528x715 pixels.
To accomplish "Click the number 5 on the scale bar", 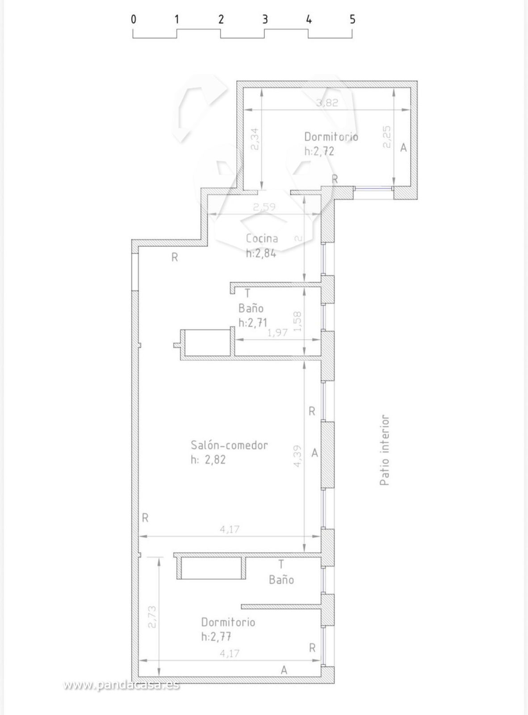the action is click(352, 19).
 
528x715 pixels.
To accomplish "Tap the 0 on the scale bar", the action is click(134, 19).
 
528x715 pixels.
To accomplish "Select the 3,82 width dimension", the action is click(327, 103).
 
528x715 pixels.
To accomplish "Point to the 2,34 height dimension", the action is click(255, 139).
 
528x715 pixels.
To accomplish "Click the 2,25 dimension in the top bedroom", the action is click(387, 137).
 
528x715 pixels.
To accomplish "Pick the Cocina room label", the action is click(262, 239).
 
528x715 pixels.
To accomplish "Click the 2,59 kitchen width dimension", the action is click(264, 206).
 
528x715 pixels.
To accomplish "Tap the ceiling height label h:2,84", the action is click(261, 253).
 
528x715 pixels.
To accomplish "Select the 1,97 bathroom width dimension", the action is click(277, 332).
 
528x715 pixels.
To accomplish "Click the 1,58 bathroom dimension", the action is click(298, 321).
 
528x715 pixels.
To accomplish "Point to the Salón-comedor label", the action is click(229, 445).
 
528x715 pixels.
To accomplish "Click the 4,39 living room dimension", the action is click(298, 456).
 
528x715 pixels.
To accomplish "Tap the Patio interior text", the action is click(385, 450).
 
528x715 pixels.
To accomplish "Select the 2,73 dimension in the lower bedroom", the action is click(153, 617).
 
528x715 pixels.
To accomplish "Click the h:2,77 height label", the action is click(216, 636).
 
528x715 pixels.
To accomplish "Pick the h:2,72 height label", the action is click(319, 151).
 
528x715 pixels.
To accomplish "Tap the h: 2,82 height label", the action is click(208, 460).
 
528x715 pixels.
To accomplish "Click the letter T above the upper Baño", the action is click(247, 293).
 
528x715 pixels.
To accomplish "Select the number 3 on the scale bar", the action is click(265, 19).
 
